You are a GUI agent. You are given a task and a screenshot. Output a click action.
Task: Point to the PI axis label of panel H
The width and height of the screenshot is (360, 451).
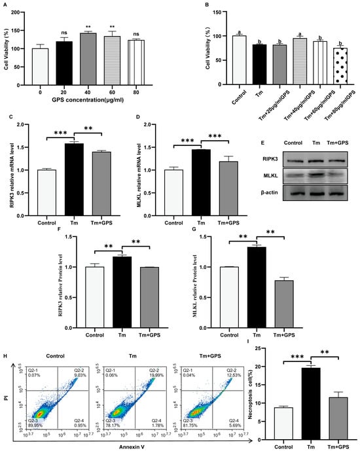[9, 399]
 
